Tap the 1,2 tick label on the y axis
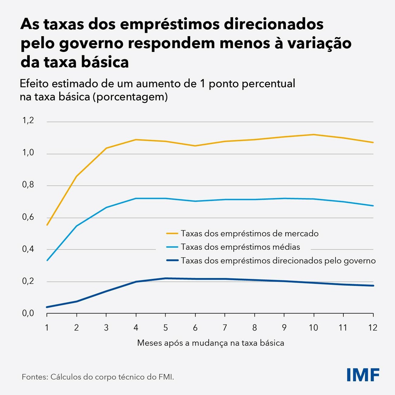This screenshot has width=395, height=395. (x=28, y=121)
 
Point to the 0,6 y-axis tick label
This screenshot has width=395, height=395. (x=28, y=217)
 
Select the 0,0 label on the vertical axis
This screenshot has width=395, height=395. (x=28, y=313)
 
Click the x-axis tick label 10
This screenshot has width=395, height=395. (x=313, y=328)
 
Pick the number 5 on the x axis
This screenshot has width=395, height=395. (x=165, y=328)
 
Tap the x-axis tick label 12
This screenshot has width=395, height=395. (x=373, y=328)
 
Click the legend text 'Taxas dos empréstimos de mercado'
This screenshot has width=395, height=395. (x=249, y=233)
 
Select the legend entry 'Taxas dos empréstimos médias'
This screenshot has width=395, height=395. (x=240, y=247)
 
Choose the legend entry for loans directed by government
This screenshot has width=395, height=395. (x=278, y=260)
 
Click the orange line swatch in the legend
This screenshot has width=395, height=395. (x=172, y=233)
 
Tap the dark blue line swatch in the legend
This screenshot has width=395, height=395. (x=172, y=260)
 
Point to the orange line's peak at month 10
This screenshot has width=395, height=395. (x=313, y=134)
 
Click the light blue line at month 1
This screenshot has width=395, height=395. (x=47, y=260)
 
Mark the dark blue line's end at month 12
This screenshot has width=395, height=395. (x=373, y=286)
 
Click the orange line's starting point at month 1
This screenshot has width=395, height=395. (x=47, y=225)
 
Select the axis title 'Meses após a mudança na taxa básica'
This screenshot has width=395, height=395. (x=211, y=343)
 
